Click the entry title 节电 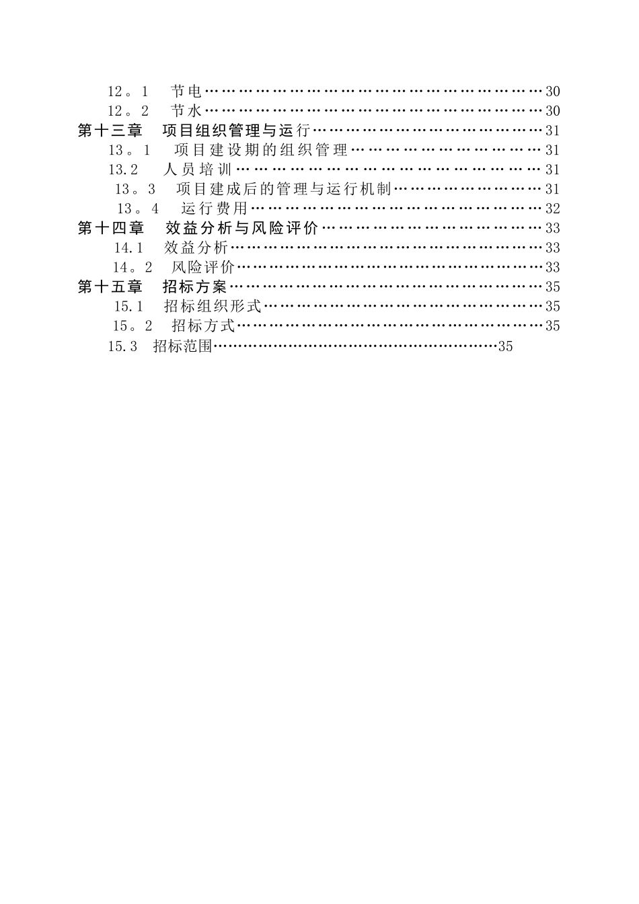(186, 91)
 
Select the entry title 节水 (186, 111)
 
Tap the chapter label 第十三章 (111, 130)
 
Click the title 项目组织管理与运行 (236, 130)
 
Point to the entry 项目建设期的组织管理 (261, 150)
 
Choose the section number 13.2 (123, 169)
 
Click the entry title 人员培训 (198, 169)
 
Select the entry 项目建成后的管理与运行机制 (283, 189)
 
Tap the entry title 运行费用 (214, 209)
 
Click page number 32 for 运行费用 (552, 209)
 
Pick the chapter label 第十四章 (111, 228)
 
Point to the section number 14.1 (128, 248)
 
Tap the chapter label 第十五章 (111, 287)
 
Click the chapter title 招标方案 (195, 287)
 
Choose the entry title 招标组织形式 (213, 306)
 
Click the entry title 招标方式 (203, 326)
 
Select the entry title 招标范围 (183, 346)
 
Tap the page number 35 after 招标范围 (505, 346)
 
